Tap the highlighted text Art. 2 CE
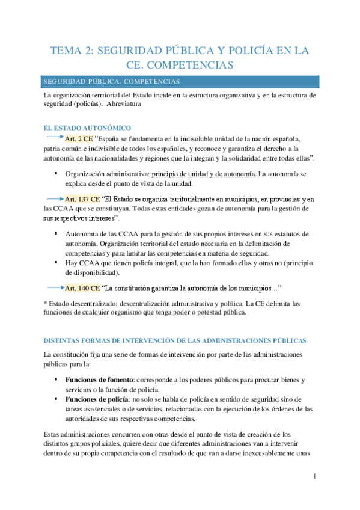click(x=79, y=138)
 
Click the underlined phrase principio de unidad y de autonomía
click(x=203, y=173)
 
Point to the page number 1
click(x=314, y=477)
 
